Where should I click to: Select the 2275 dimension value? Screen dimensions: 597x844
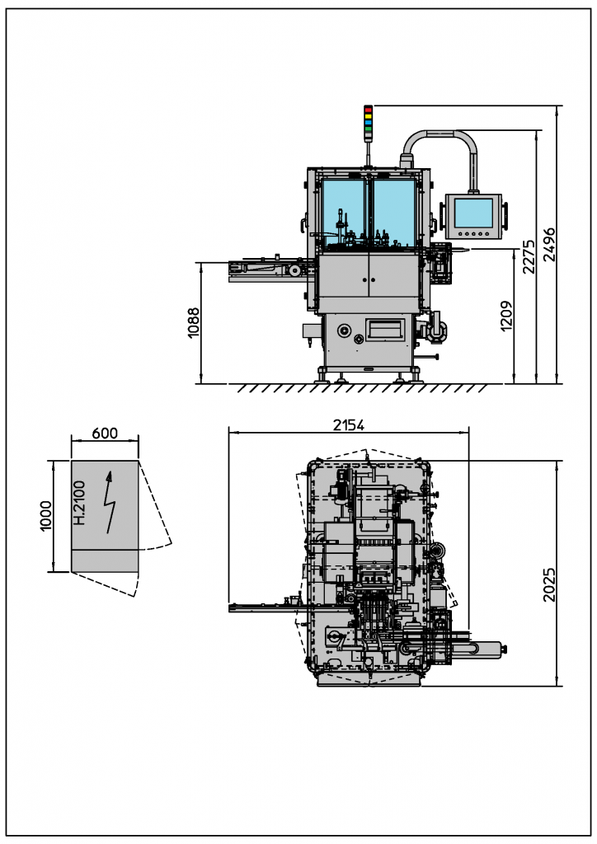(x=529, y=257)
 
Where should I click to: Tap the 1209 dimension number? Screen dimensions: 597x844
(x=506, y=316)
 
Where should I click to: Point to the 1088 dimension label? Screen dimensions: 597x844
(x=193, y=322)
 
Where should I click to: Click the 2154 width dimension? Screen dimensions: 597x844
(x=348, y=425)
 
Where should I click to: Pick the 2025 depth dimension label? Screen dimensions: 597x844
(x=549, y=584)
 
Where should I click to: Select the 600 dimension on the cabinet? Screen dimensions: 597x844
(x=105, y=434)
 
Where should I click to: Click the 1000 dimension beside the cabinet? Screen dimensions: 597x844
(x=45, y=516)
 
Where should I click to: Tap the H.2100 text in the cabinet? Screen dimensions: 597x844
(x=79, y=503)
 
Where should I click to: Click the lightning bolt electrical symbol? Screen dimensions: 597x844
(x=110, y=502)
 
